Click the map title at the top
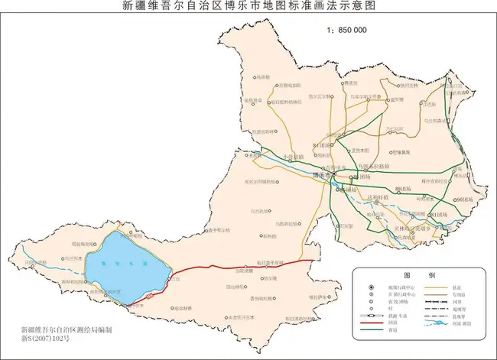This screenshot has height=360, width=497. [248, 7]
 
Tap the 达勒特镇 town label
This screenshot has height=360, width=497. [375, 196]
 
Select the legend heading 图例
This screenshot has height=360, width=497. [420, 274]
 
